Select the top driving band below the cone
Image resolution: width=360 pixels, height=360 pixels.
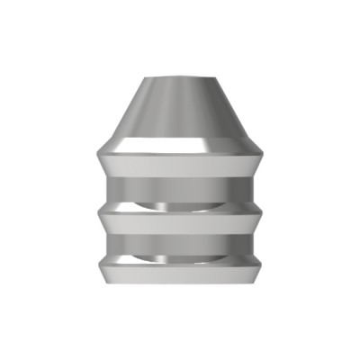point(180,165)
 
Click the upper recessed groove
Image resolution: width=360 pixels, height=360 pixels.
point(180,192)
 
